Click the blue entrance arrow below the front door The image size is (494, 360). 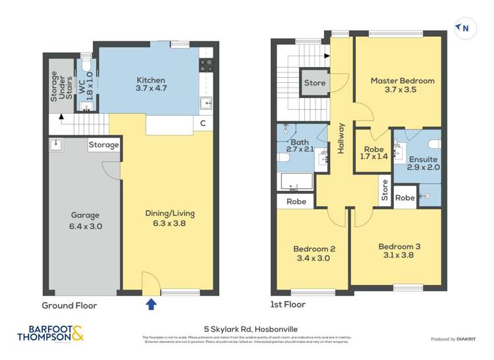pyautogui.click(x=151, y=304)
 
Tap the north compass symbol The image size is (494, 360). pyautogui.click(x=464, y=28)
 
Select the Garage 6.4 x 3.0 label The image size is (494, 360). pyautogui.click(x=86, y=220)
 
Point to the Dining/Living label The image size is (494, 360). pyautogui.click(x=170, y=219)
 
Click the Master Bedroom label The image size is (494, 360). pyautogui.click(x=402, y=86)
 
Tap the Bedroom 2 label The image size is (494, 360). pyautogui.click(x=314, y=253)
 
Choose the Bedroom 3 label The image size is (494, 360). pyautogui.click(x=399, y=251)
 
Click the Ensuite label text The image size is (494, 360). pyautogui.click(x=424, y=163)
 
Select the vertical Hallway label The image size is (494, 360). pyautogui.click(x=341, y=138)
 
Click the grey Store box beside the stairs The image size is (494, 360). pyautogui.click(x=315, y=83)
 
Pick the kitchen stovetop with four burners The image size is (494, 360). pyautogui.click(x=206, y=64)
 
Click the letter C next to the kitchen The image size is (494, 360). pyautogui.click(x=203, y=124)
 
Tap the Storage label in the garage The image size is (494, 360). pyautogui.click(x=104, y=145)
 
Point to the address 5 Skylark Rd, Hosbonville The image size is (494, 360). pyautogui.click(x=246, y=326)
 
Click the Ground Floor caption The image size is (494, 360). pyautogui.click(x=69, y=305)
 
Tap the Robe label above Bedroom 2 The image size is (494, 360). pyautogui.click(x=296, y=201)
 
